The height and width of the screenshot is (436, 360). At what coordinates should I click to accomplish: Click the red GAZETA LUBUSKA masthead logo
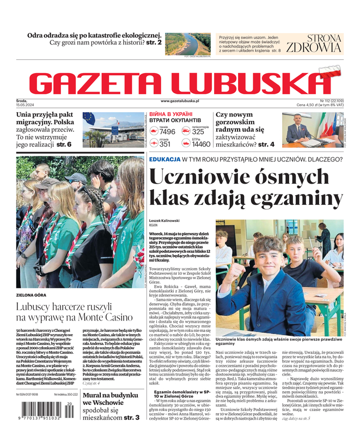pyautogui.click(x=180, y=82)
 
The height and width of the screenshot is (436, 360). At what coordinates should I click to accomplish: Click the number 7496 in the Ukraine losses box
pyautogui.click(x=167, y=131)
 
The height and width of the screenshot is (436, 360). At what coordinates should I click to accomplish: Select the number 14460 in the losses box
pyautogui.click(x=201, y=144)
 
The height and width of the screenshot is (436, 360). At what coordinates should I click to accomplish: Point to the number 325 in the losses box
pyautogui.click(x=198, y=131)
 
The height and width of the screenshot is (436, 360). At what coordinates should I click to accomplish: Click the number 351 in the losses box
pyautogui.click(x=165, y=144)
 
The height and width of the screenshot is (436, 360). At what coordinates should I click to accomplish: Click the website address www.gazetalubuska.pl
pyautogui.click(x=180, y=101)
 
